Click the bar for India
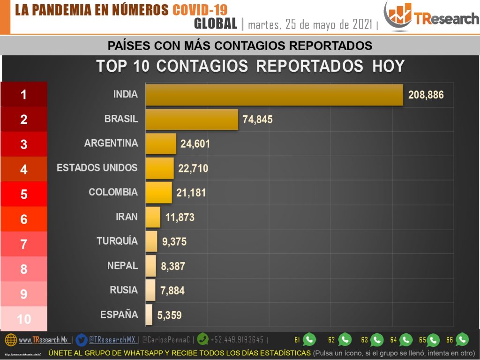(274, 95)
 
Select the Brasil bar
(192, 120)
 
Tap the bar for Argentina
(161, 144)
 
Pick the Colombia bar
(158, 193)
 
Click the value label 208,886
(426, 95)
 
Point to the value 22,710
(193, 168)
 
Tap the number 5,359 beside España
(169, 315)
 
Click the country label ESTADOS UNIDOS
(97, 168)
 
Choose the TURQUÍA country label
(117, 241)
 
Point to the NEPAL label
(122, 266)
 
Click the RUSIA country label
(124, 290)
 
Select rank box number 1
(24, 95)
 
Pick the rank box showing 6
(24, 219)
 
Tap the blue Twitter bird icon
(82, 339)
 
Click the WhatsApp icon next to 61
(309, 339)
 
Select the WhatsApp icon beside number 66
(462, 339)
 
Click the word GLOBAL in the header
(215, 23)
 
